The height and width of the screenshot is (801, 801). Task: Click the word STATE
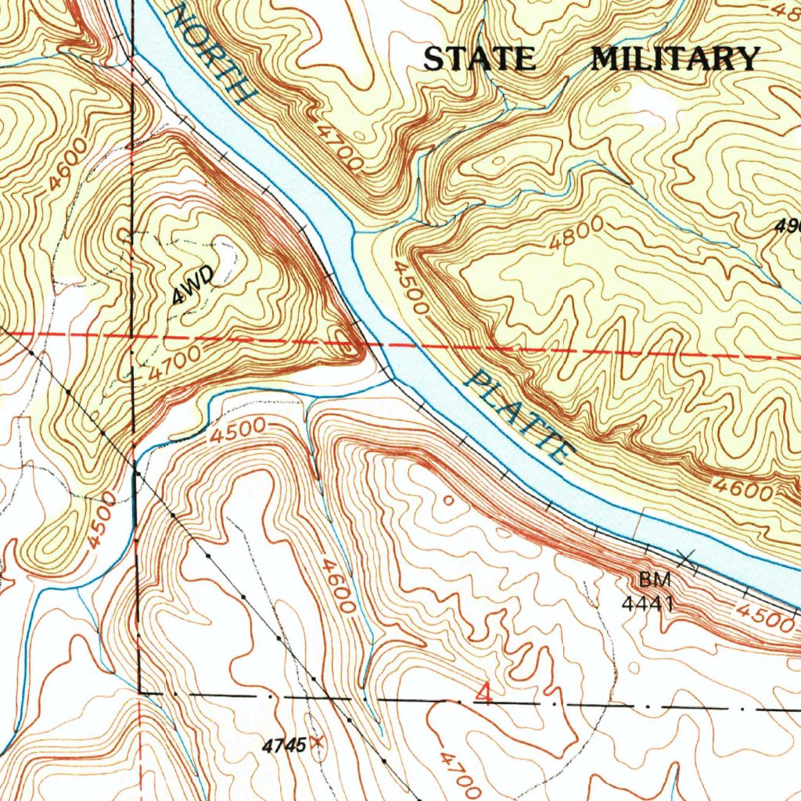pos(480,59)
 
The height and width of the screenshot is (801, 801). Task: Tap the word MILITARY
pos(675,59)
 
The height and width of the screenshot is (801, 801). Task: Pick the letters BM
pos(654,580)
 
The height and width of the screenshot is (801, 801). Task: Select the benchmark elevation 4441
pos(648,603)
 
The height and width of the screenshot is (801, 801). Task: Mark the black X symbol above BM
pos(686,559)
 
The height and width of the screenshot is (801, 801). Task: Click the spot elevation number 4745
pos(284,745)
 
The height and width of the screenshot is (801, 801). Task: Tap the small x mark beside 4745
pos(316,741)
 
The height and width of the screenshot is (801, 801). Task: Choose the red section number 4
pos(485,694)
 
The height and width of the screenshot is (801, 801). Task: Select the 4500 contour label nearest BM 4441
pos(763,617)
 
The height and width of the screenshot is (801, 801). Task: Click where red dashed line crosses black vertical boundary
pos(133,337)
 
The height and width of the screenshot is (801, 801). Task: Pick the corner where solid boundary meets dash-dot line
pos(141,692)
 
